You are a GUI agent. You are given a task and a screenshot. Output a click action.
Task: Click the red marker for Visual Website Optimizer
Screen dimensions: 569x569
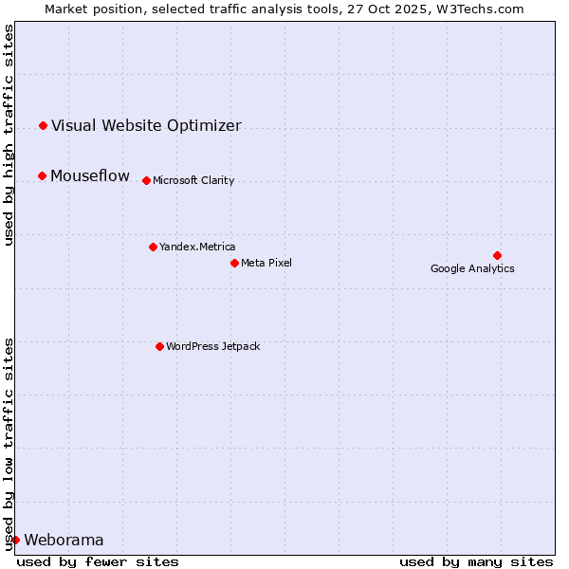[43, 125]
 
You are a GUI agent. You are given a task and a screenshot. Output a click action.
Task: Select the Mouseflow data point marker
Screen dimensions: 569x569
[42, 175]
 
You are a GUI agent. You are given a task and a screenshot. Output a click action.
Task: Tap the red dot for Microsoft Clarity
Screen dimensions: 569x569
[146, 180]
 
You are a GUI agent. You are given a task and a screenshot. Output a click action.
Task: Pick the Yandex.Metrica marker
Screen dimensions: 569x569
[153, 247]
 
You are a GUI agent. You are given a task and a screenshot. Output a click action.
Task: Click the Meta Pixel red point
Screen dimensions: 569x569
[234, 263]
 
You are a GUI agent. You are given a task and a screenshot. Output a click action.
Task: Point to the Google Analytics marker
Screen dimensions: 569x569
[497, 255]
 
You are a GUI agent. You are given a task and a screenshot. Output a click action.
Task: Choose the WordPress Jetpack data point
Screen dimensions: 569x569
[159, 346]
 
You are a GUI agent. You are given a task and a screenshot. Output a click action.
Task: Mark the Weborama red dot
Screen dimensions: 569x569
[15, 540]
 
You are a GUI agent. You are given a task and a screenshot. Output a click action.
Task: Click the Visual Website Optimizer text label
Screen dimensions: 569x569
[146, 126]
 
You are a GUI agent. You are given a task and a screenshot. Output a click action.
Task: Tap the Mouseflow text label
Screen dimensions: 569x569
[90, 176]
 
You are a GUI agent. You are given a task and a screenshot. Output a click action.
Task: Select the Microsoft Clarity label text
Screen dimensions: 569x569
[193, 181]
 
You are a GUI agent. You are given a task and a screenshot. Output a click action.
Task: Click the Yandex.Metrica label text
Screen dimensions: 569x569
[197, 248]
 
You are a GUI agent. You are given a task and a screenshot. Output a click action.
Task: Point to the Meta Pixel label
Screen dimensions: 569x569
[266, 264]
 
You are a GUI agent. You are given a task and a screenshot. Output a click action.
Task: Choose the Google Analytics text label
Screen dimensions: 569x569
[472, 268]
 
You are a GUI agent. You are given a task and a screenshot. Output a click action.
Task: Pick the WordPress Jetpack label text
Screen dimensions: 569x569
[212, 347]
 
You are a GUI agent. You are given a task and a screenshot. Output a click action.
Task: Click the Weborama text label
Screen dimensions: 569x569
[64, 541]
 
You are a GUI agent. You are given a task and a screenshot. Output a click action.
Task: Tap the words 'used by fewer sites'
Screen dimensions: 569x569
[98, 561]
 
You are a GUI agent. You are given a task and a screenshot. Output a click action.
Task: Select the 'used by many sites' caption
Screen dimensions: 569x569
[475, 561]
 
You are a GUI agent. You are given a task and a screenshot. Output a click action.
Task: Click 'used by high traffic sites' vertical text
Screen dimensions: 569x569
[9, 135]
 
